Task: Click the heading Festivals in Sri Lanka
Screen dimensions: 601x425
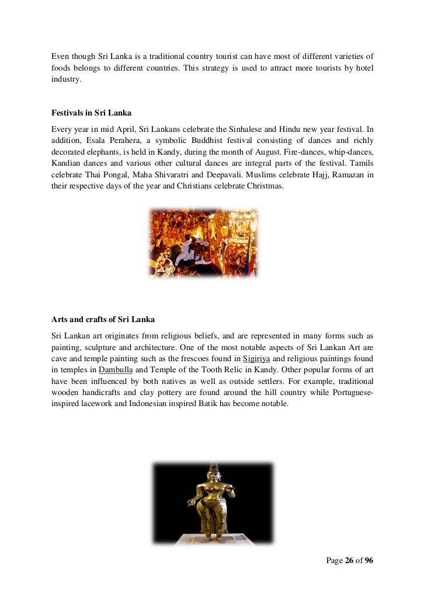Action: click(91, 113)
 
